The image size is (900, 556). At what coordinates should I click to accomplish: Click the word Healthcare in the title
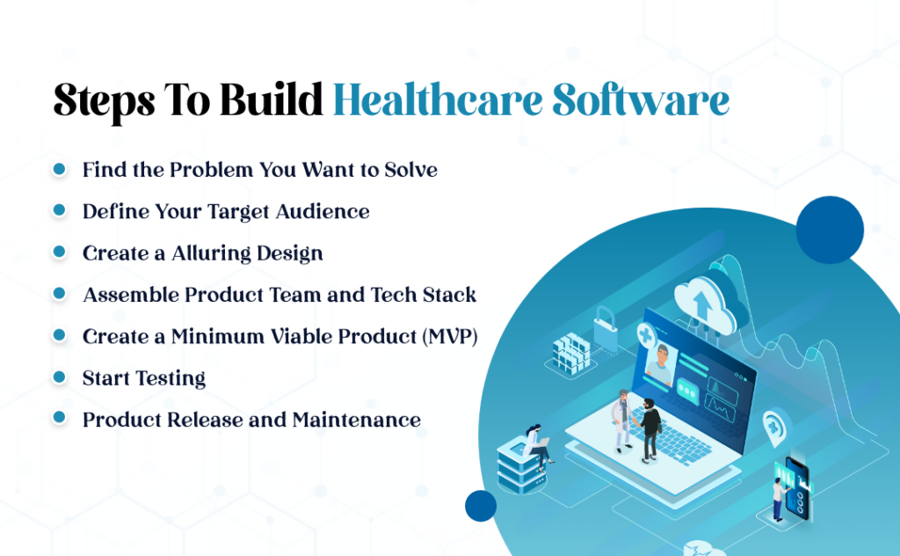pos(436,102)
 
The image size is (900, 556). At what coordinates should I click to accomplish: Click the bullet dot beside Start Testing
pos(60,377)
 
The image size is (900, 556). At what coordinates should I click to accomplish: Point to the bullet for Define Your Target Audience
pos(60,210)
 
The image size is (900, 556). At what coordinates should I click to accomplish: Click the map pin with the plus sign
pos(775,425)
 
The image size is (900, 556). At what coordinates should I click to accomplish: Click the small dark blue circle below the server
pos(481,505)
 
